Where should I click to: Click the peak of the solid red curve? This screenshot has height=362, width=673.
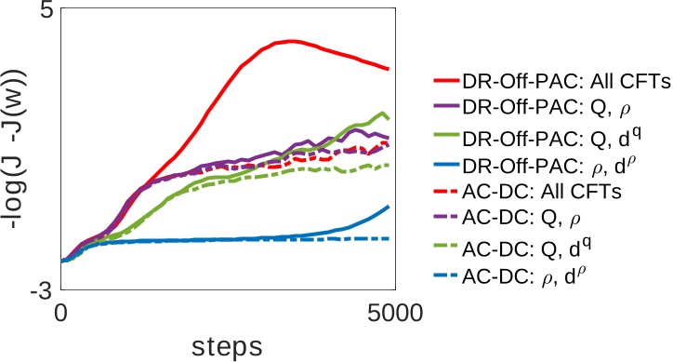[291, 41]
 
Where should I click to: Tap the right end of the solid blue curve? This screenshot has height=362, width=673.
[388, 206]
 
